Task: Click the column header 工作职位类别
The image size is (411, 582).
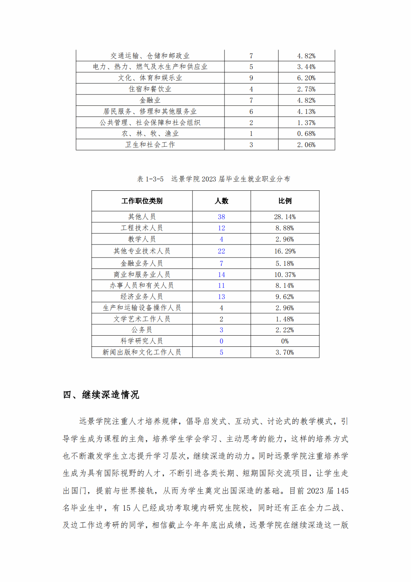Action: tap(142, 201)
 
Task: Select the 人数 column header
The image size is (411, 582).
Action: tap(221, 201)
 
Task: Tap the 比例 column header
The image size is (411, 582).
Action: tap(285, 201)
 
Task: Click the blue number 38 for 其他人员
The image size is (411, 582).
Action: tap(221, 217)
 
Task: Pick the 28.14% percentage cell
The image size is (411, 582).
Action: tap(285, 217)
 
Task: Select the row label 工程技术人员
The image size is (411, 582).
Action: tap(142, 228)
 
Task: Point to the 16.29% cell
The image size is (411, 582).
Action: tap(285, 251)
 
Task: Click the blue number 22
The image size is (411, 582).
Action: tap(221, 251)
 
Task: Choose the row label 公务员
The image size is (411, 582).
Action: tap(142, 330)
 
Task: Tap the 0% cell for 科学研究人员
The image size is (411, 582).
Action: tap(285, 341)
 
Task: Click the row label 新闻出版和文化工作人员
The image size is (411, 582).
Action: tap(142, 352)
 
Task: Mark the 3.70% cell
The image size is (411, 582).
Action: tap(285, 352)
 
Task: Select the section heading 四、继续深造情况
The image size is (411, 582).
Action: tap(101, 395)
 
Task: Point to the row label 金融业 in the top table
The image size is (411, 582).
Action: tap(150, 100)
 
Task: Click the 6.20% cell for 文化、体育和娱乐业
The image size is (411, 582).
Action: tap(306, 78)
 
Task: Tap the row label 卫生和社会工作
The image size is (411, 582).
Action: tap(150, 145)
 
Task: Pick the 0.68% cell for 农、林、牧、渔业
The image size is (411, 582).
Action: tap(306, 134)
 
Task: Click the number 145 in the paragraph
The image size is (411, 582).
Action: tap(342, 491)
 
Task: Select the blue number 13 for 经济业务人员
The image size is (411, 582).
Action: tap(221, 297)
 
